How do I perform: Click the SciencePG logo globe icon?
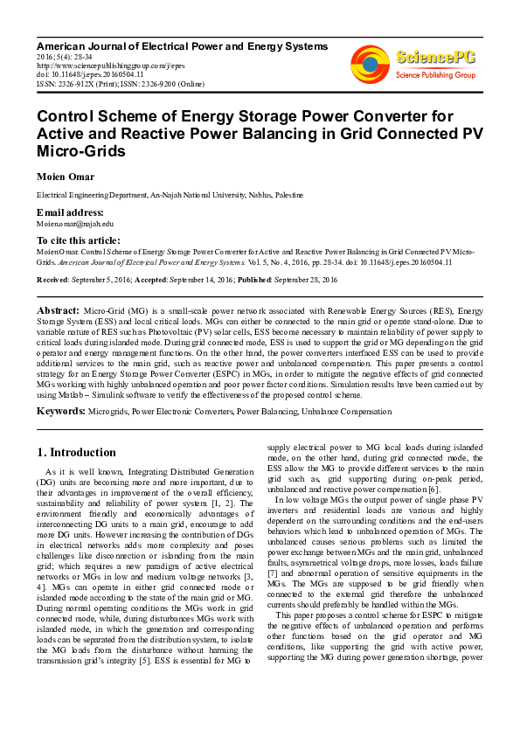(370, 64)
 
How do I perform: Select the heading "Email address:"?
(70, 212)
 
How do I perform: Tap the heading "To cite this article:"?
(79, 240)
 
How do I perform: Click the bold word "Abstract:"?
(58, 311)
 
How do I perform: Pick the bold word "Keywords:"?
(60, 410)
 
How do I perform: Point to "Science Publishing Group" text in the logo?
(434, 75)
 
